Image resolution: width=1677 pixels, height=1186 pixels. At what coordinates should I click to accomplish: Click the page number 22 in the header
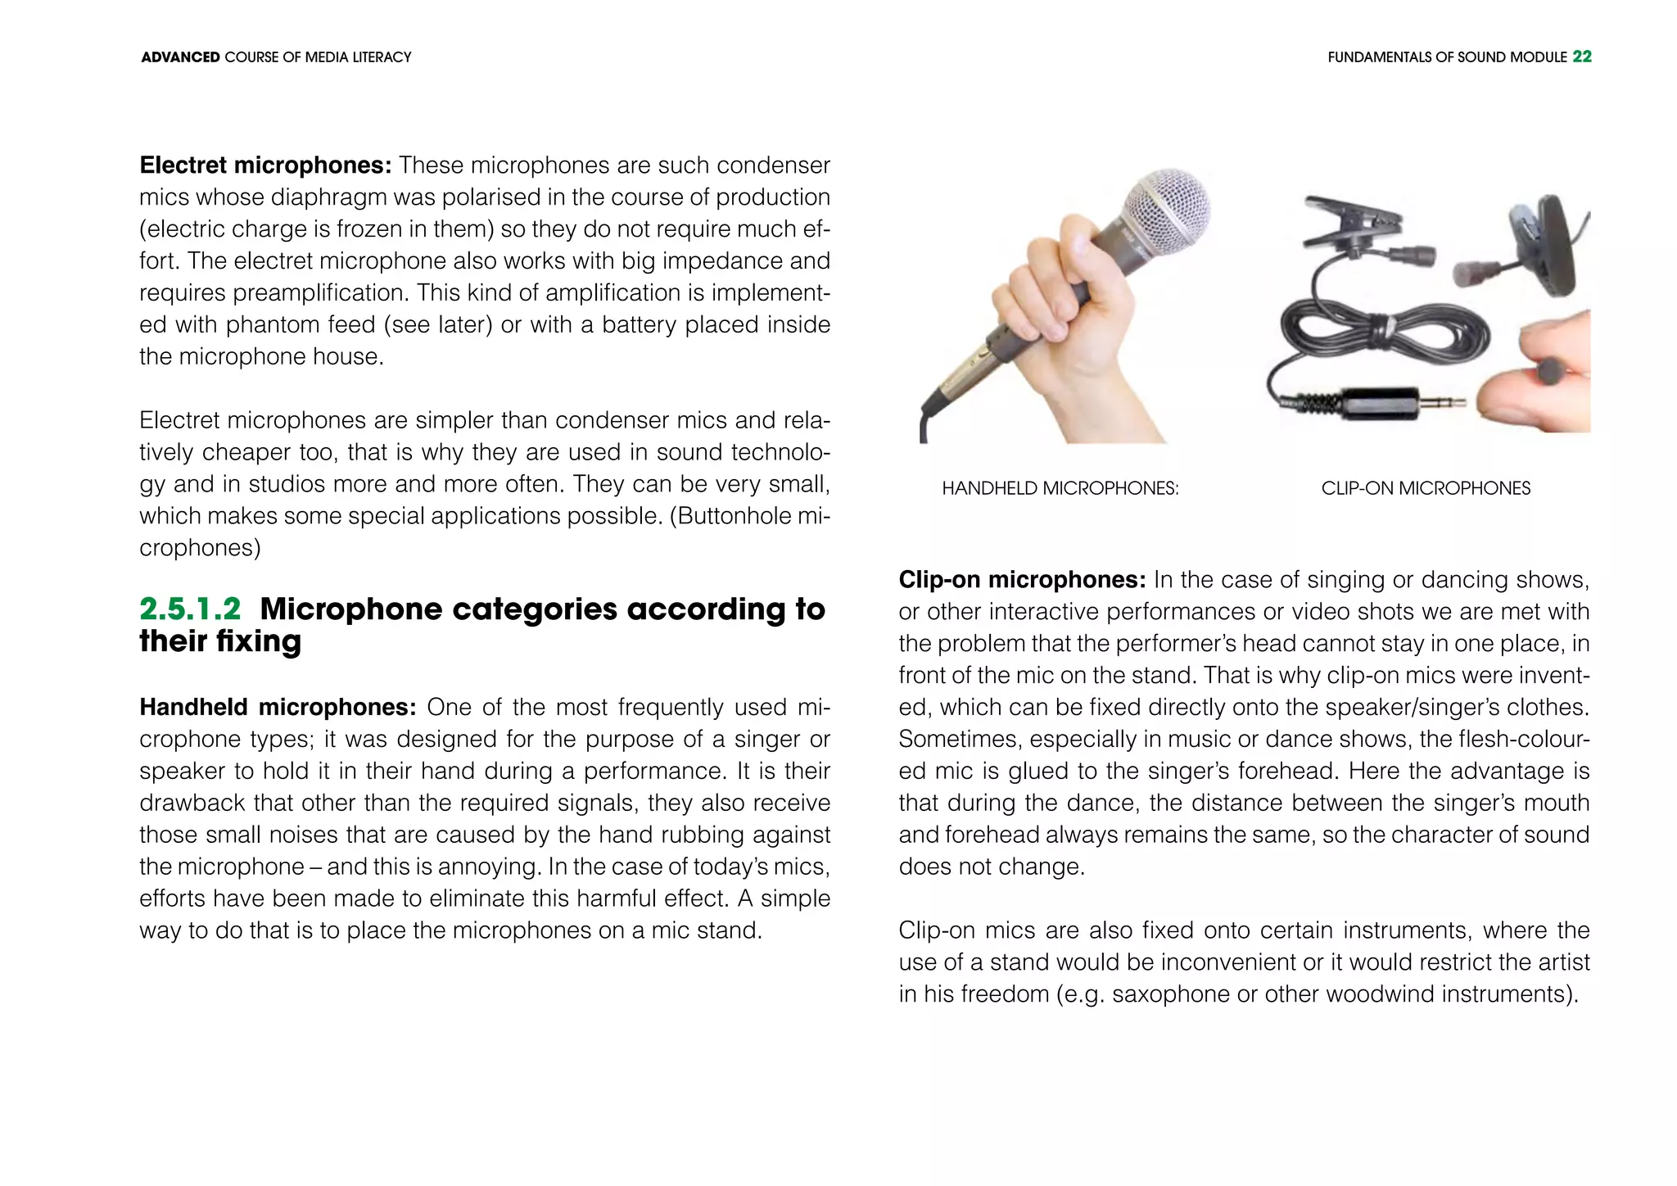1582,57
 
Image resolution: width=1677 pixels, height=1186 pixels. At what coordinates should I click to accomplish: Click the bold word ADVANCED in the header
180,57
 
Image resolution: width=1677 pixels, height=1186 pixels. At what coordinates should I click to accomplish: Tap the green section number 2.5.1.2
190,609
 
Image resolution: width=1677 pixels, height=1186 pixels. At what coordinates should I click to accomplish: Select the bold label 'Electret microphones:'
265,165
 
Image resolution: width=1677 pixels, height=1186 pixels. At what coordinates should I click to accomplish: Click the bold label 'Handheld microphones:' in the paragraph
278,707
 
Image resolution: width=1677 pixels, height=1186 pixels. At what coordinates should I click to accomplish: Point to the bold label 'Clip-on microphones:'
1022,580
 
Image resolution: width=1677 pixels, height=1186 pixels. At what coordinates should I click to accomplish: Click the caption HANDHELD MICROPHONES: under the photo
1060,488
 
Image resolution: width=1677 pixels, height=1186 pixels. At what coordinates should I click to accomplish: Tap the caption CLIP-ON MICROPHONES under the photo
1425,488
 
